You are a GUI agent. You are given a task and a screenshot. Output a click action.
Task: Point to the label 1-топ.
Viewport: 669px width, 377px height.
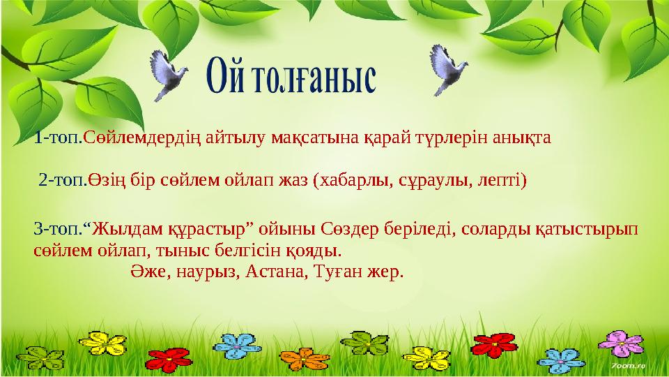point(58,138)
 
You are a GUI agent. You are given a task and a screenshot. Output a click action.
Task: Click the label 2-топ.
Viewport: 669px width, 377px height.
point(63,182)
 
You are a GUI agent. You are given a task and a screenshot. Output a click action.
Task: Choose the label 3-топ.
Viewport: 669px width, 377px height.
point(59,228)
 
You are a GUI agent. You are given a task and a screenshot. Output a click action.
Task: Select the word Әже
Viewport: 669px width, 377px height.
point(148,270)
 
